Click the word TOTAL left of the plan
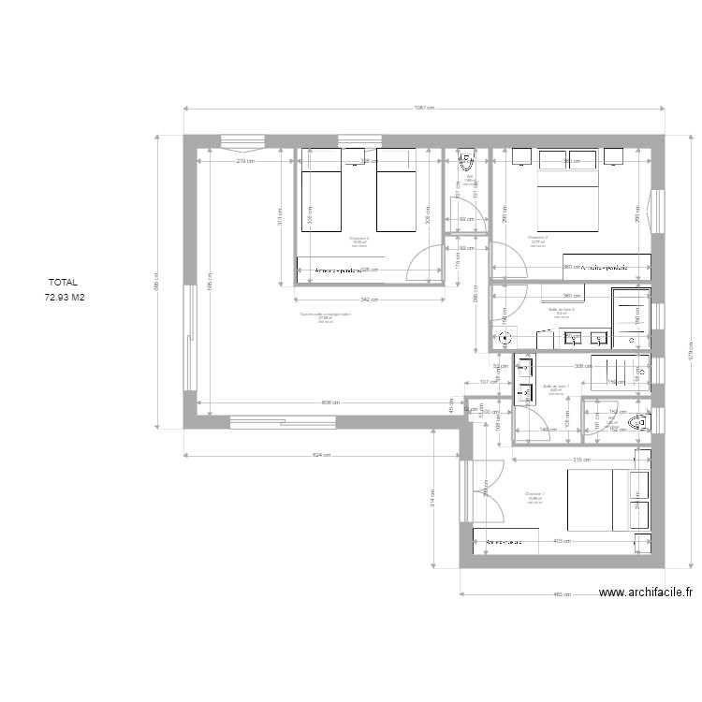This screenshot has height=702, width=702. (64, 281)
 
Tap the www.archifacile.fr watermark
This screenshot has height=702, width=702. (645, 592)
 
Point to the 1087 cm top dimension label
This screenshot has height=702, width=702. (424, 109)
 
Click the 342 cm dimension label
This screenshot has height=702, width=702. (368, 300)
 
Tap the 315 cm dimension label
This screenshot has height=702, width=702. (580, 460)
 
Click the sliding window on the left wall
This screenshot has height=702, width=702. (192, 339)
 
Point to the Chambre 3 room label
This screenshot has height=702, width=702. (358, 239)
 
